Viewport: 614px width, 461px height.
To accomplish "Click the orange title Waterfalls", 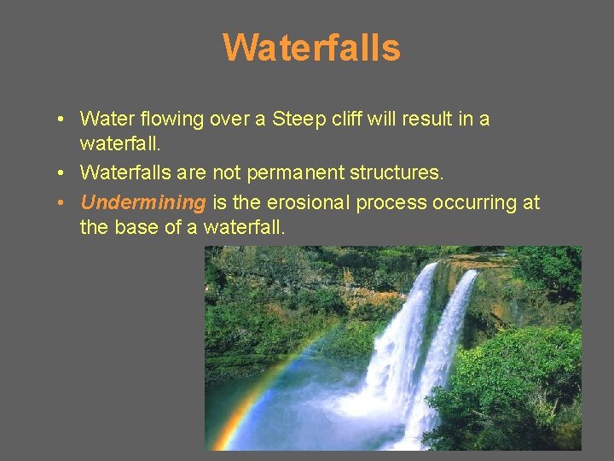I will (311, 48).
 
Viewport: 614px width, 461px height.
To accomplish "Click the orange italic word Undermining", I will (143, 203).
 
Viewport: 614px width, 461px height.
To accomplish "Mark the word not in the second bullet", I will (228, 173).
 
